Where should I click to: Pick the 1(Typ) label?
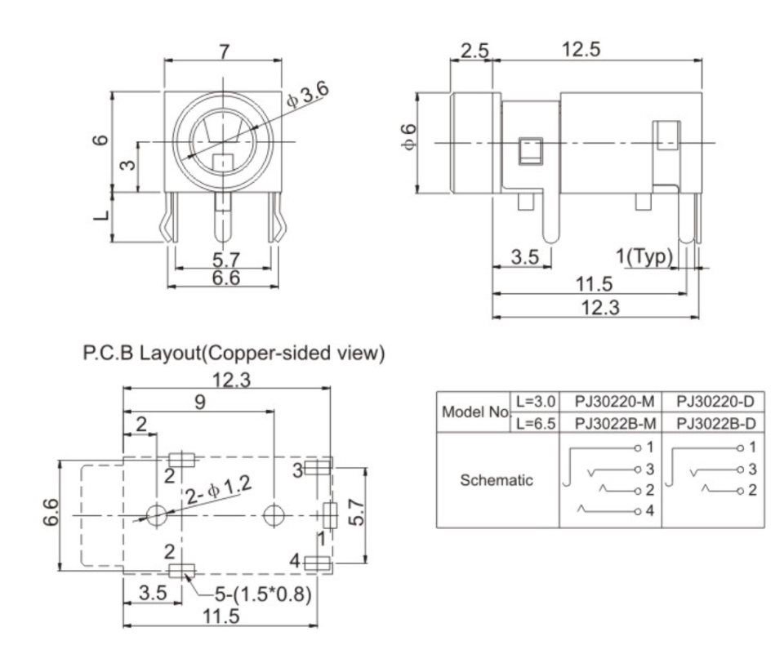646,256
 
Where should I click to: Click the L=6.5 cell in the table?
533,421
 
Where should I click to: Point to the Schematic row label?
497,480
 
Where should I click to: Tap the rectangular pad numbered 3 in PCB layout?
319,467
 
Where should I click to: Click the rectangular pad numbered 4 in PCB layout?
318,562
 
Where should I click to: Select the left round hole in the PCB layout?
155,514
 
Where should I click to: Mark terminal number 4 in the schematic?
650,510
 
